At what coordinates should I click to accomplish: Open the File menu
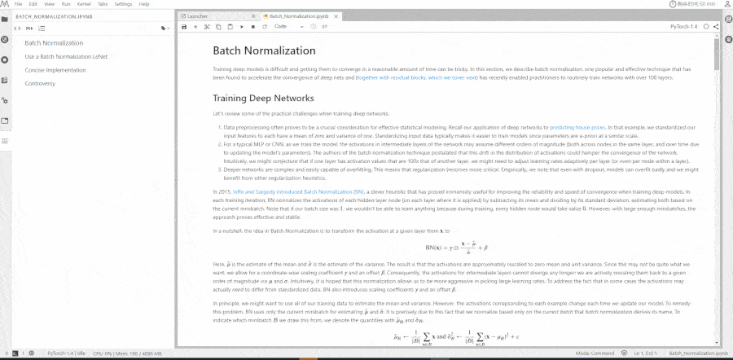(x=17, y=4)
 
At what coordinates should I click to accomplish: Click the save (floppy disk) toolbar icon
(x=185, y=27)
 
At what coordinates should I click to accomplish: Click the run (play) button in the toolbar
(x=241, y=27)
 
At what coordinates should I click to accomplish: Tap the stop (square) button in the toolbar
(x=252, y=27)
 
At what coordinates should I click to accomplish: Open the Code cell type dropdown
(x=283, y=27)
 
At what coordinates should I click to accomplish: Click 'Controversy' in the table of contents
(x=40, y=83)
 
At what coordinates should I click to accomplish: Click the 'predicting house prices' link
(x=577, y=128)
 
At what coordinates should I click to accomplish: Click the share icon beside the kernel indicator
(x=715, y=27)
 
